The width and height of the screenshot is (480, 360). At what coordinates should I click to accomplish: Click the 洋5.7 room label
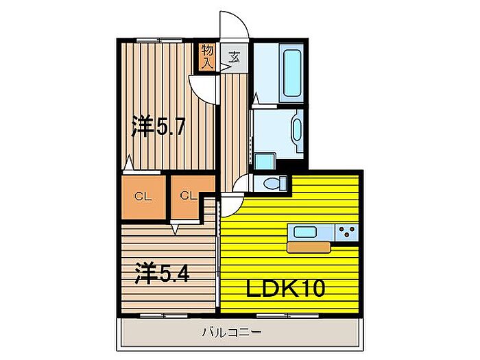158,126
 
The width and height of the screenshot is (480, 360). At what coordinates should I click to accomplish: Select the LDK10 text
285,289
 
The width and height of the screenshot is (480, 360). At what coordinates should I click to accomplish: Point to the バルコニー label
232,332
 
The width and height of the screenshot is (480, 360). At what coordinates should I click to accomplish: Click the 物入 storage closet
207,56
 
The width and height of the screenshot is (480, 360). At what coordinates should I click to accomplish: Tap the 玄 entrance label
235,57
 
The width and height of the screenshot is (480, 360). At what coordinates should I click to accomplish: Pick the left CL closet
143,197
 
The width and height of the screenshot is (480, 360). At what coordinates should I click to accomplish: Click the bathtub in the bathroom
291,73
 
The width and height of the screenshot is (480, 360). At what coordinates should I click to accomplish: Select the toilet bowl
274,184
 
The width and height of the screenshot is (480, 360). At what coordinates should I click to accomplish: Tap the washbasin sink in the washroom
297,130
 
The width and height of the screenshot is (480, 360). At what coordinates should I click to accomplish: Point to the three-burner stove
347,232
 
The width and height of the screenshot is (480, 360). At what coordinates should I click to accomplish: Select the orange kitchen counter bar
309,247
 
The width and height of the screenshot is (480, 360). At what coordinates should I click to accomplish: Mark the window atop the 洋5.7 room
159,40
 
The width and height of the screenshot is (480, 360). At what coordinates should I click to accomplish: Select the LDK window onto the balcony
287,315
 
